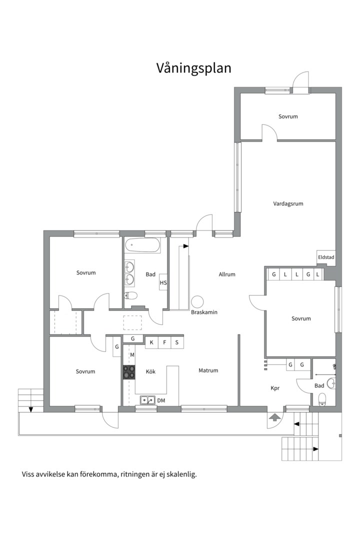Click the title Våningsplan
[x=193, y=68]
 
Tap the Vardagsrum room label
[x=288, y=203]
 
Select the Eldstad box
[x=326, y=257]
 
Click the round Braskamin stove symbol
[x=197, y=302]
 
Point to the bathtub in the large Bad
[x=142, y=245]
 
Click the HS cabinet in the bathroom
[x=163, y=282]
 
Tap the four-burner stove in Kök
[x=129, y=372]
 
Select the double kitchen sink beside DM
[x=147, y=400]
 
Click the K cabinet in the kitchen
[x=151, y=342]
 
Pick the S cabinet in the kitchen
[x=177, y=342]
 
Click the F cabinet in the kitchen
[x=164, y=342]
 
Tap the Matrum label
[x=208, y=370]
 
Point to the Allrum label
[x=227, y=274]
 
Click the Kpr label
[x=275, y=388]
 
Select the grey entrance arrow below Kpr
[x=274, y=417]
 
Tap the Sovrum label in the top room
[x=288, y=116]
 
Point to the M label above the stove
[x=132, y=354]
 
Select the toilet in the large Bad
[x=131, y=295]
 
